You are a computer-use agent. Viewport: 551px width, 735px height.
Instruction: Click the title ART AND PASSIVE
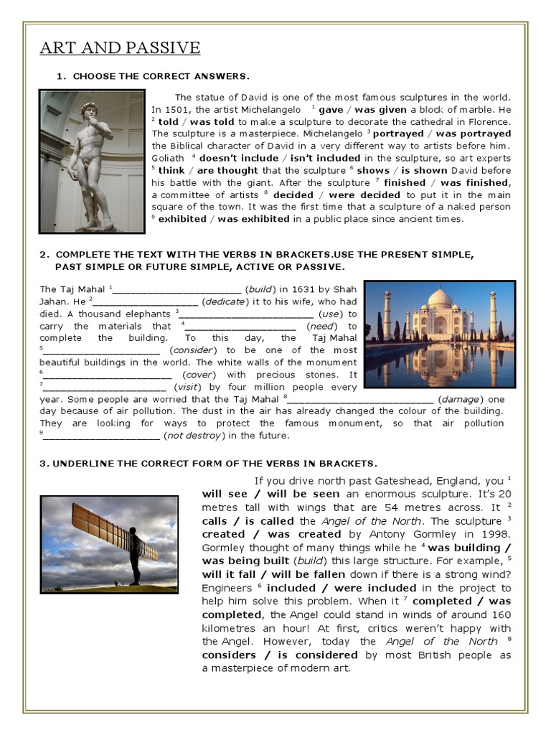[x=119, y=48]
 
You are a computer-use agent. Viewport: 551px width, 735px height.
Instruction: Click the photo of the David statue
[x=92, y=161]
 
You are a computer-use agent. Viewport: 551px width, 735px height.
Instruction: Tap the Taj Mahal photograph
[x=439, y=334]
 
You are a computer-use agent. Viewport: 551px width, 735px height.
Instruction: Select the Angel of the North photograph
[x=108, y=543]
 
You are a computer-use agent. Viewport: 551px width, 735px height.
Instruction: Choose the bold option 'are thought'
[x=227, y=170]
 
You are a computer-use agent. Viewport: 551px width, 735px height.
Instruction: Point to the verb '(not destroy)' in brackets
[x=192, y=436]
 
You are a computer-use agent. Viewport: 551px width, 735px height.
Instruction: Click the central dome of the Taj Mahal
[x=440, y=299]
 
